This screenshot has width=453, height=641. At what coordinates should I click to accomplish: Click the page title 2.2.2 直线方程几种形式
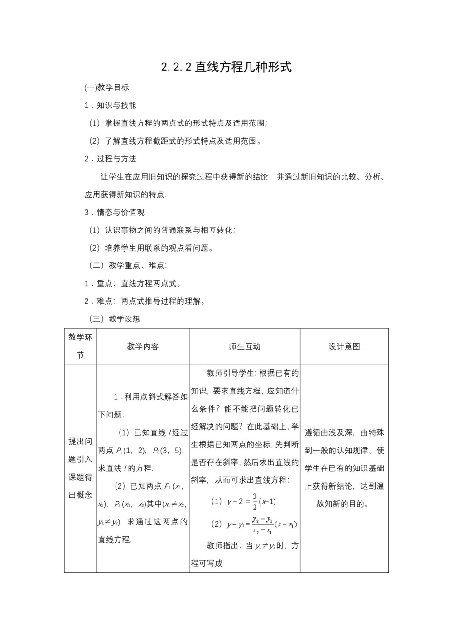tap(226, 67)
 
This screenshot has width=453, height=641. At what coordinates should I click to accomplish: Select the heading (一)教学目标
tap(106, 87)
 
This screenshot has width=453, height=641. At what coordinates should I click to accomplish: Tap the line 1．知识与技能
tap(110, 105)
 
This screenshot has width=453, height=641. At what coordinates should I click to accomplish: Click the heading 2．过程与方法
tap(110, 159)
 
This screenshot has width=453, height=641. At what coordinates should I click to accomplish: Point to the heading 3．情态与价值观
tap(114, 212)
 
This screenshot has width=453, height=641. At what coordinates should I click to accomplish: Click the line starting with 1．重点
tap(133, 283)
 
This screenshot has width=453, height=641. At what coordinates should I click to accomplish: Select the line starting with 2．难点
tap(145, 301)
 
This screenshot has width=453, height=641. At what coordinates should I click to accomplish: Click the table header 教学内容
tap(143, 346)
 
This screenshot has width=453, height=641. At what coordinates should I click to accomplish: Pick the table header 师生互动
tap(245, 346)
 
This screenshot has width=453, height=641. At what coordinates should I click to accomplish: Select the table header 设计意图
tap(344, 346)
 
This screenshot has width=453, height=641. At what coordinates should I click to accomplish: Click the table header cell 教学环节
tap(80, 346)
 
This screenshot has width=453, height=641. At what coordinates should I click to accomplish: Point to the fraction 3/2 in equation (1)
tap(255, 501)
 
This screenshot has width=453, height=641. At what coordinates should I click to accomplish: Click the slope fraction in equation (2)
tap(262, 524)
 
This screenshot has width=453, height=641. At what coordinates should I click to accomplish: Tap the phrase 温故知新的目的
tap(342, 504)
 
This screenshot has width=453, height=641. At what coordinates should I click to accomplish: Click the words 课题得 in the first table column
tap(80, 477)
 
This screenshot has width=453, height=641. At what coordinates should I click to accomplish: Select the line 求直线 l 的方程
tap(126, 468)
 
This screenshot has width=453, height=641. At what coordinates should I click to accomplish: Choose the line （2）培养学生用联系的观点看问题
tap(151, 248)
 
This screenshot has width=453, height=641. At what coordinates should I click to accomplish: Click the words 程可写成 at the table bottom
tap(207, 563)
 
